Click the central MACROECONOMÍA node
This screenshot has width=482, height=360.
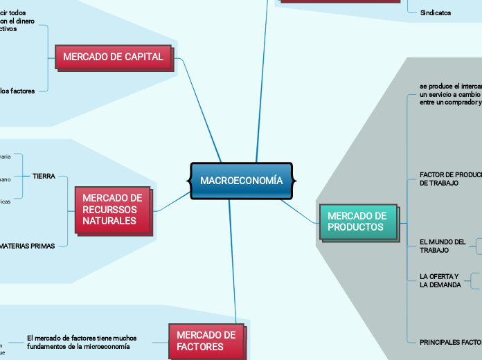point(241,181)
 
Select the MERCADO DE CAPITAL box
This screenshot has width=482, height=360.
point(113,57)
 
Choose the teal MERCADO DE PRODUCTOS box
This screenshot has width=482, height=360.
point(357,222)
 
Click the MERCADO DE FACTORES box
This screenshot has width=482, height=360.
point(206,340)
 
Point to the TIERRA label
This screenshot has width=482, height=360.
point(44,177)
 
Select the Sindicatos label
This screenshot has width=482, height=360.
point(435,12)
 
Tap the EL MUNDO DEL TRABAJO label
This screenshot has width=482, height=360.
point(443,246)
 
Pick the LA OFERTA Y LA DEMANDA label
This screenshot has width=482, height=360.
point(440,280)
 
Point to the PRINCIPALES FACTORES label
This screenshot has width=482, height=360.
point(450,342)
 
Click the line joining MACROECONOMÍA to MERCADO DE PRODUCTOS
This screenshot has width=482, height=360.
point(299,211)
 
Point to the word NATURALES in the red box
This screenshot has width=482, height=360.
point(109,221)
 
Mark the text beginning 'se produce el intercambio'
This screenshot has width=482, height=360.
point(450,93)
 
